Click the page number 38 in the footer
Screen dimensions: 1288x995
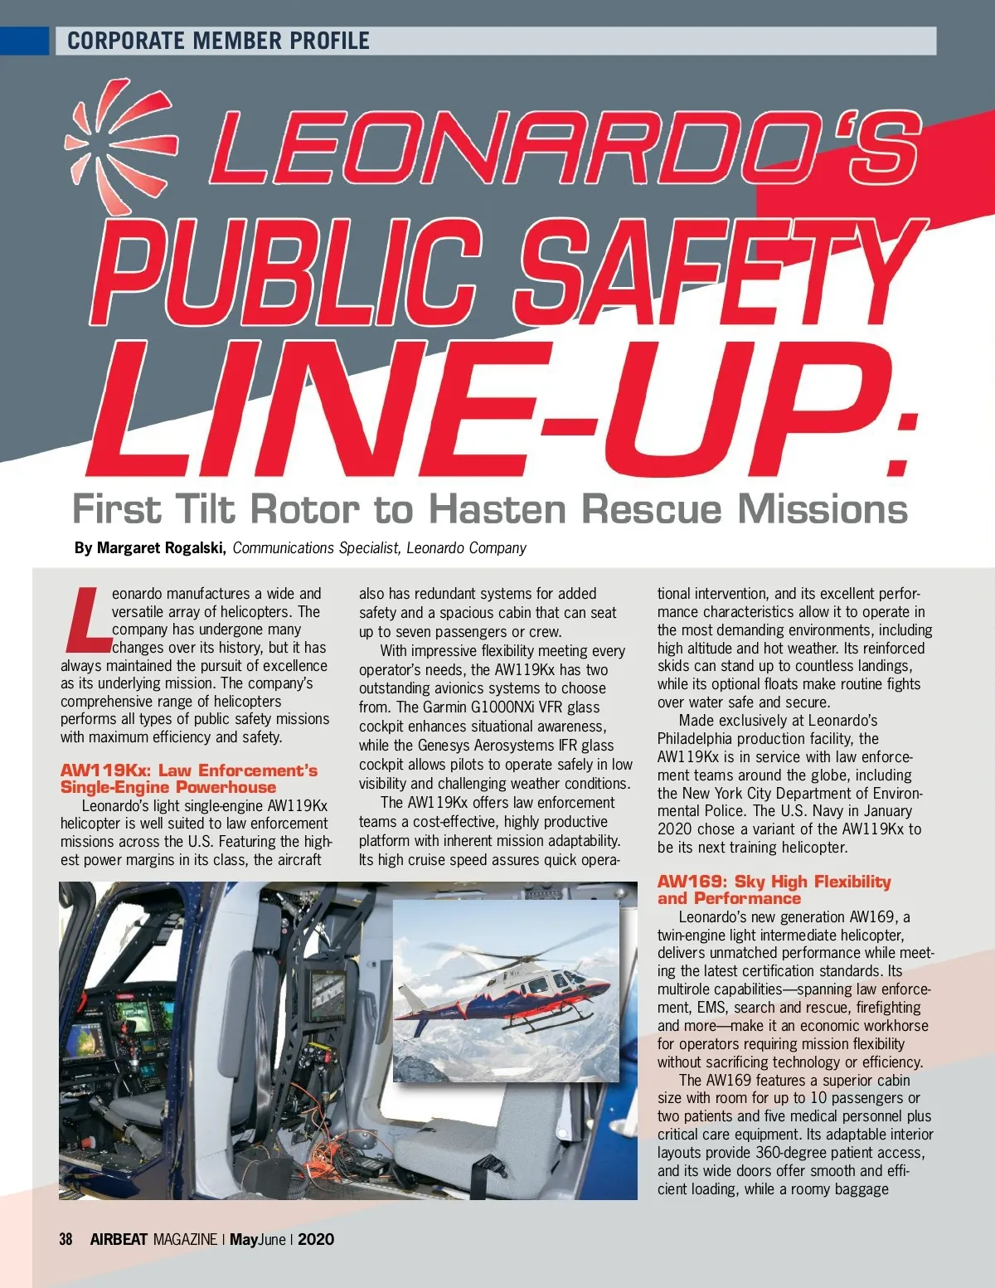pyautogui.click(x=66, y=1240)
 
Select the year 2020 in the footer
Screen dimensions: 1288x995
pyautogui.click(x=316, y=1240)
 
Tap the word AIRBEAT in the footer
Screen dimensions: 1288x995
pyautogui.click(x=119, y=1240)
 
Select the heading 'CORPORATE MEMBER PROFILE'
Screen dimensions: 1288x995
pyautogui.click(x=218, y=41)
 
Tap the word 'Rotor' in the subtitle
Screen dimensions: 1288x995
pyautogui.click(x=304, y=509)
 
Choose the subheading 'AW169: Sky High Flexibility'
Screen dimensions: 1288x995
pyautogui.click(x=774, y=882)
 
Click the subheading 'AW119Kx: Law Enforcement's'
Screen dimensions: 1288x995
pyautogui.click(x=188, y=770)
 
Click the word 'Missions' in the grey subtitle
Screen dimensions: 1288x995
pyautogui.click(x=823, y=509)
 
